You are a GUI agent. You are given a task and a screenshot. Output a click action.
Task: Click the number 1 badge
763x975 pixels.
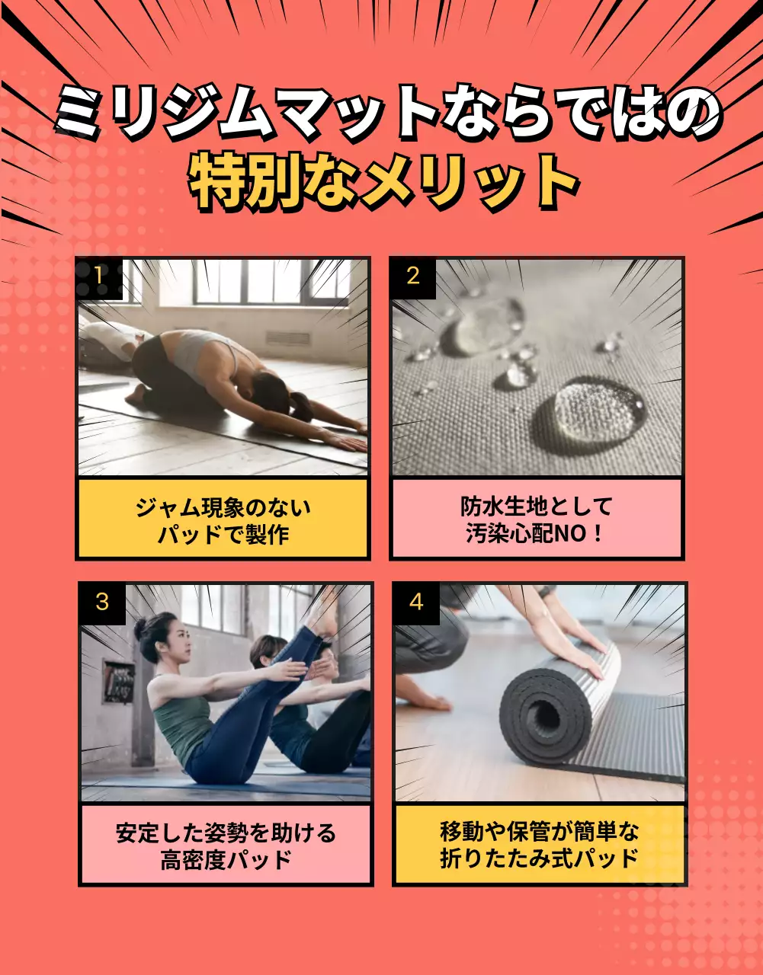98,276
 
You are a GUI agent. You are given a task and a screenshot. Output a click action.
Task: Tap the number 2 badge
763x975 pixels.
412,276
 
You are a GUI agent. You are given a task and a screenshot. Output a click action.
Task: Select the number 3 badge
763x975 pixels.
101,602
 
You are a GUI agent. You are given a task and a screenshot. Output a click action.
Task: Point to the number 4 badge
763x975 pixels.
415,602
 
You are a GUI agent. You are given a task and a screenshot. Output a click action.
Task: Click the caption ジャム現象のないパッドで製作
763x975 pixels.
223,520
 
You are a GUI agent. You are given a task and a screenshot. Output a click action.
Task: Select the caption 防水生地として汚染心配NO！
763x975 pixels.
537,520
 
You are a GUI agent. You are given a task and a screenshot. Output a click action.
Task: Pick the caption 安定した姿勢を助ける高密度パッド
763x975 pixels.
226,846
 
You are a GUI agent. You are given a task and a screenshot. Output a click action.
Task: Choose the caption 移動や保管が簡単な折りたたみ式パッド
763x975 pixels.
540,846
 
